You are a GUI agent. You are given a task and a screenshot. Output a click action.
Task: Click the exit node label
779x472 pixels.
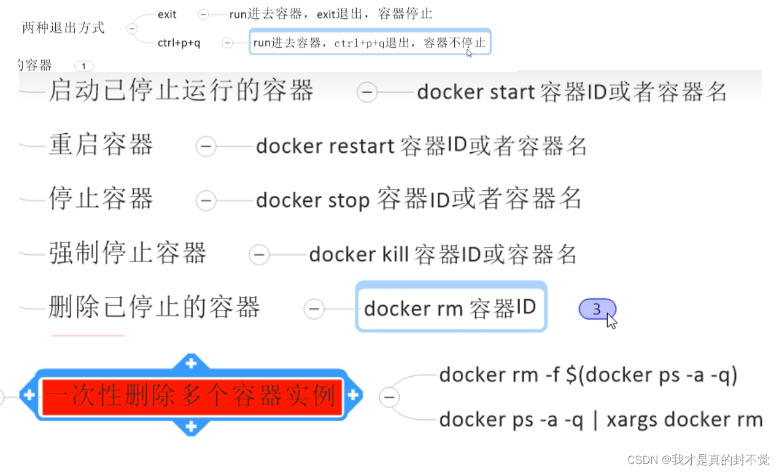167,15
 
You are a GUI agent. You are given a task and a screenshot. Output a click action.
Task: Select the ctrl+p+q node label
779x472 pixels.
179,43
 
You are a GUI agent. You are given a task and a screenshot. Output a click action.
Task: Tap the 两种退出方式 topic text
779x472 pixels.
63,28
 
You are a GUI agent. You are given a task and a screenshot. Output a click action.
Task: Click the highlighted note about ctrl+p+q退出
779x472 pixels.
370,42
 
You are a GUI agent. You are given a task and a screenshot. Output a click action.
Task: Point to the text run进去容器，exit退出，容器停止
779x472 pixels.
330,14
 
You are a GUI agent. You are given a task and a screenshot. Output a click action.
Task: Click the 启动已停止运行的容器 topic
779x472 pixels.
181,91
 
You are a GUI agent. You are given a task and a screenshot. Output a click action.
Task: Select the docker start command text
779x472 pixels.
572,92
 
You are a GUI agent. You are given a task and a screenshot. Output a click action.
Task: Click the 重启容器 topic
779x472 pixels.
101,145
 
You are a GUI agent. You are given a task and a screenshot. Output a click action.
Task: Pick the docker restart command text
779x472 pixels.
421,146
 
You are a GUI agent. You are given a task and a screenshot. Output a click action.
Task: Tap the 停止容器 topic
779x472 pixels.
101,199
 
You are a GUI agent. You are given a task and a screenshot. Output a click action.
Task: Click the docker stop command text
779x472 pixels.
419,199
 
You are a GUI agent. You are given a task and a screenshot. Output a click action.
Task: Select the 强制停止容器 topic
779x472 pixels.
128,253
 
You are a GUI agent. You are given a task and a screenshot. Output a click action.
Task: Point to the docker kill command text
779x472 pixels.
443,254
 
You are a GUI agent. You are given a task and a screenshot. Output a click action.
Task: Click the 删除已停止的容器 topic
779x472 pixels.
154,307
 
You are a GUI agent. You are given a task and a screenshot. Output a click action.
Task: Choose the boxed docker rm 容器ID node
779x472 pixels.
451,308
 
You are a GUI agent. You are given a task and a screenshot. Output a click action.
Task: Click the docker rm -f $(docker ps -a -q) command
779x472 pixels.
588,375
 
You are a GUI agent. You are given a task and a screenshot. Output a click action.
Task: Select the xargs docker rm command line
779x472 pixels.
600,420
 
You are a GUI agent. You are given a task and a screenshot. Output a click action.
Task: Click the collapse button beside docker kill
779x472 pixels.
260,254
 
